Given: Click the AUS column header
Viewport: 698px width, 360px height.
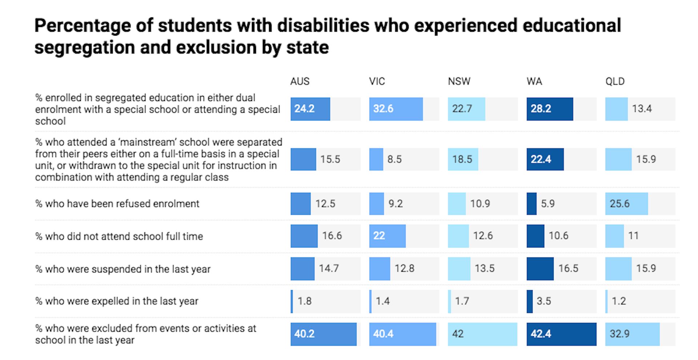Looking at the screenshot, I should (300, 81).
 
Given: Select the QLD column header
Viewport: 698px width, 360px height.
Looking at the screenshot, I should (615, 81).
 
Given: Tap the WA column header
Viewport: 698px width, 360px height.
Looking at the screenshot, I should (534, 81).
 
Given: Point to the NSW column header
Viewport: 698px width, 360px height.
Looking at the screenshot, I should (459, 81).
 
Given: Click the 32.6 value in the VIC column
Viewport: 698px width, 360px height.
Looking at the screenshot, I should (383, 109).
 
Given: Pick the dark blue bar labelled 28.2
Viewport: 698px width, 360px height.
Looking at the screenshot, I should (549, 109).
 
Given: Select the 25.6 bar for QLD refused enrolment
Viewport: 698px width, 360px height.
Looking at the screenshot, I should (626, 204).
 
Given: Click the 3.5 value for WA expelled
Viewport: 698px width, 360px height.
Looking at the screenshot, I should (544, 301).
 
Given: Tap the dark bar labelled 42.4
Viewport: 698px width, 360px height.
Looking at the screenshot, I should (561, 334).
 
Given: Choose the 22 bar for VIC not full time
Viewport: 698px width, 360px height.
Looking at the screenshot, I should (387, 236).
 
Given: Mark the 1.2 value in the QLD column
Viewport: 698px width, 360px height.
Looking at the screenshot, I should (619, 301).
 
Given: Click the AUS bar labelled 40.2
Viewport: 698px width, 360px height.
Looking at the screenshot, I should (323, 334).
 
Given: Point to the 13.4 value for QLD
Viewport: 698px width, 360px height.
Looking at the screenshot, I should (642, 109).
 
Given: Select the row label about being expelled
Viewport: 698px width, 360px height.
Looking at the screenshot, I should (117, 301).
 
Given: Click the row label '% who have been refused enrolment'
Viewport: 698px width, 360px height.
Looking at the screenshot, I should (117, 204).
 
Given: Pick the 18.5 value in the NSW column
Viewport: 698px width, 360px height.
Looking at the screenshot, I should (462, 159).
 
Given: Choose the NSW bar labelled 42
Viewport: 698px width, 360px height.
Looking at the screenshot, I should (482, 334).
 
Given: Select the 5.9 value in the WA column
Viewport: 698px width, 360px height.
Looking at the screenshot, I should (547, 204).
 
